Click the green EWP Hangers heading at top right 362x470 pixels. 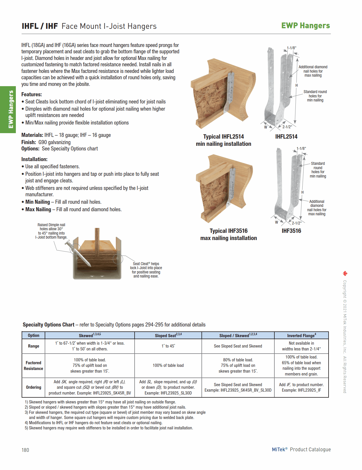[305, 26]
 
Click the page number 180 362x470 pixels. [25, 450]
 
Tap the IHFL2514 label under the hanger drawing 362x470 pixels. [286, 137]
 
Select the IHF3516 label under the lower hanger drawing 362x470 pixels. [291, 231]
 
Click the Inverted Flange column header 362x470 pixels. [301, 335]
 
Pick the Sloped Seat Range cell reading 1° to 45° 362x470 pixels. [168, 346]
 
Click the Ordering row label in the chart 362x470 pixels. [33, 387]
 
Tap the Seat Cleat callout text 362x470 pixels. [146, 270]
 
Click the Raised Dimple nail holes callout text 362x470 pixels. [51, 231]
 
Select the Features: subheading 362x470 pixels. [31, 95]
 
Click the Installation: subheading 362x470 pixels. [34, 159]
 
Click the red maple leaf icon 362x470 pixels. [345, 273]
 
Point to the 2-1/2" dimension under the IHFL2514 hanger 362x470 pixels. [287, 127]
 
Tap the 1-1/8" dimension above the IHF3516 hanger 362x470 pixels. [301, 149]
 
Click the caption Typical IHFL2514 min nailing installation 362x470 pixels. [223, 140]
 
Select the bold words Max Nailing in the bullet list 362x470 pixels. [38, 209]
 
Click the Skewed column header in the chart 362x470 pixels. [89, 335]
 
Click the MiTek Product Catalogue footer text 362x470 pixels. [301, 450]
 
